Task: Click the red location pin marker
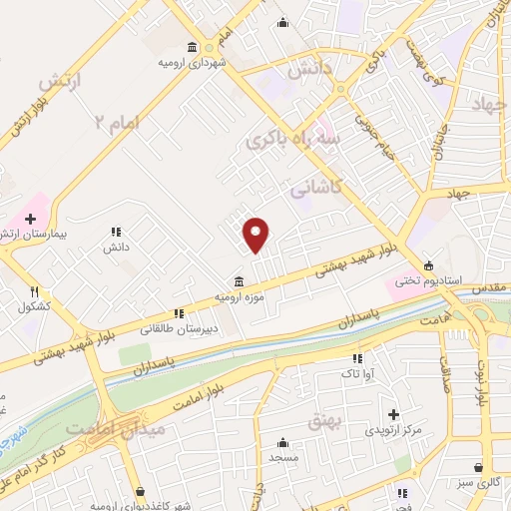pyautogui.click(x=256, y=234)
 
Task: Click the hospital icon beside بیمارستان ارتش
pyautogui.click(x=31, y=218)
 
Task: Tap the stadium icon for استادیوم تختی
pyautogui.click(x=428, y=265)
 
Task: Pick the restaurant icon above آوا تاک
pyautogui.click(x=355, y=358)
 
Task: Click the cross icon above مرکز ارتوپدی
pyautogui.click(x=393, y=414)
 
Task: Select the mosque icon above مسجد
pyautogui.click(x=283, y=443)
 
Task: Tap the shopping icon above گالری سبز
pyautogui.click(x=480, y=467)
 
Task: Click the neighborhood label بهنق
pyautogui.click(x=325, y=422)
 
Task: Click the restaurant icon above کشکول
pyautogui.click(x=33, y=291)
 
